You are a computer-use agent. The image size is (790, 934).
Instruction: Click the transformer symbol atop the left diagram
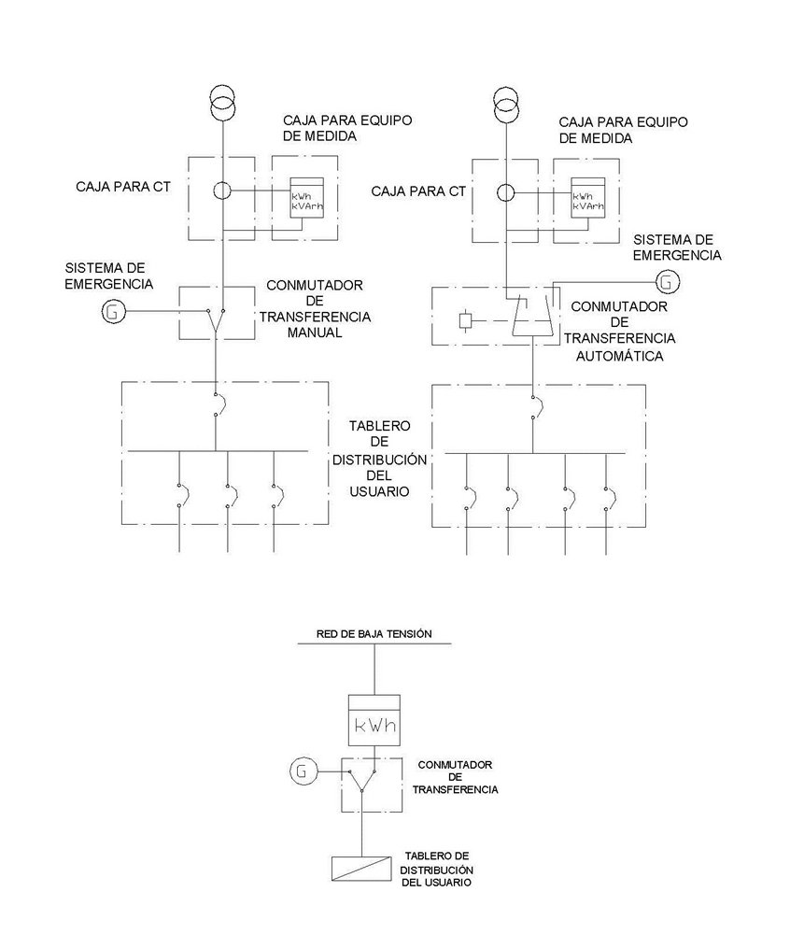click(223, 104)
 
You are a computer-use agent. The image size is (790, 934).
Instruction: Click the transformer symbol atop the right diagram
click(506, 104)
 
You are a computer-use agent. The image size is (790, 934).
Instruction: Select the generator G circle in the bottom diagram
click(301, 771)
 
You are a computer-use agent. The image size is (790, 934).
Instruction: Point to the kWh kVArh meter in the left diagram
click(306, 198)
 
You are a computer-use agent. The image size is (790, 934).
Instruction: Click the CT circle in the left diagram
click(223, 191)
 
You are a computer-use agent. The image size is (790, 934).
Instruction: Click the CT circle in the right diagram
click(506, 192)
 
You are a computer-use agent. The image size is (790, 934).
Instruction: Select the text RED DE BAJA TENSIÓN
click(374, 633)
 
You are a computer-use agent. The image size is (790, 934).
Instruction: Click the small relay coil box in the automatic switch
click(465, 322)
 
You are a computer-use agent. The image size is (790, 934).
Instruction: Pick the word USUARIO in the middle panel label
click(379, 490)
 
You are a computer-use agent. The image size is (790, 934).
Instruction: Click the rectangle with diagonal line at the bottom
click(360, 868)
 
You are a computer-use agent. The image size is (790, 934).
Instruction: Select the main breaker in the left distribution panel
click(216, 403)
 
